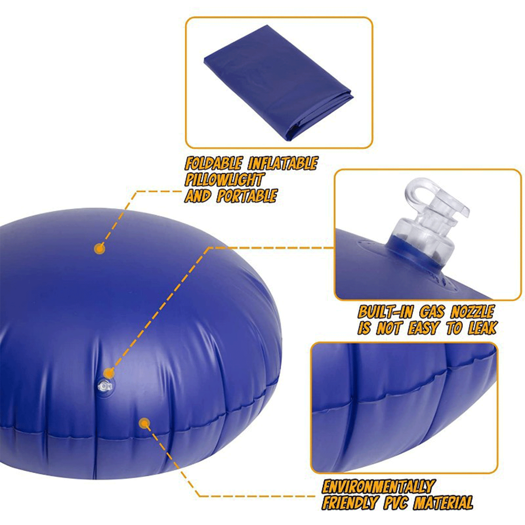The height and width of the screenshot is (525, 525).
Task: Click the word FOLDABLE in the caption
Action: point(213,163)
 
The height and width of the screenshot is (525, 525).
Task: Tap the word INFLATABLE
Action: point(283,163)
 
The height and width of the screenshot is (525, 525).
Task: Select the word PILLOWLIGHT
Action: point(224,180)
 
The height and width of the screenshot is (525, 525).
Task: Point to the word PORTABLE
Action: point(247,196)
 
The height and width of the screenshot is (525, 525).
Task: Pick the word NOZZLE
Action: point(472,312)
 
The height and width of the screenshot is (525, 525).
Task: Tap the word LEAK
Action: point(483,328)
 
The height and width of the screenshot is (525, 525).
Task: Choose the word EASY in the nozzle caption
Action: point(423,328)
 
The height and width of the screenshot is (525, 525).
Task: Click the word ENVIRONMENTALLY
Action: point(379,486)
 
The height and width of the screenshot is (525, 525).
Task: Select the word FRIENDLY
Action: point(350,503)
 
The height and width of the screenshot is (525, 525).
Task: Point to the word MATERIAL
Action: point(443,503)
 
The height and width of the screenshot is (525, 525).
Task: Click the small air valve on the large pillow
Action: point(104,386)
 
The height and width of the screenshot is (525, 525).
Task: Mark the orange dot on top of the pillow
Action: point(100,249)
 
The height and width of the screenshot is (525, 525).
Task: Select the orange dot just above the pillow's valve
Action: point(109,373)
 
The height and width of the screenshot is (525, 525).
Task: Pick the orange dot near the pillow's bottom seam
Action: point(144,423)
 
